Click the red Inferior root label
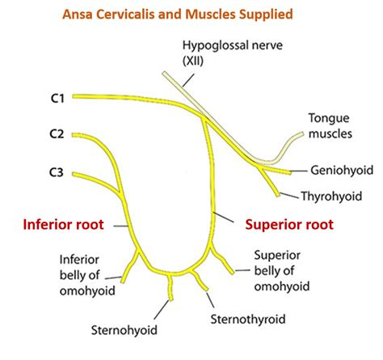pos(63,225)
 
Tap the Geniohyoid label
pos(342,171)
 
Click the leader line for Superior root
pos(231,219)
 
